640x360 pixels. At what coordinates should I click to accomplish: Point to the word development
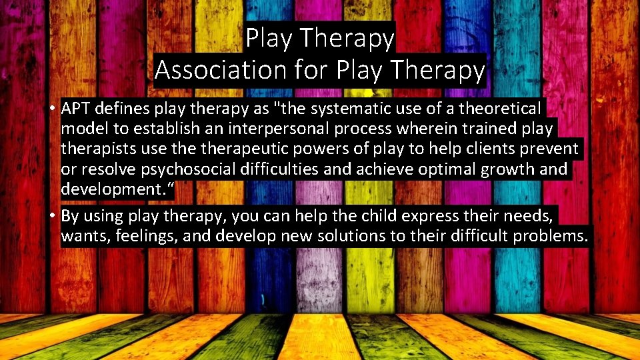click(114, 189)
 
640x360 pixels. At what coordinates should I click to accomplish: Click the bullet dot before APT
click(52, 108)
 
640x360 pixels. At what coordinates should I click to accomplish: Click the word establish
click(154, 129)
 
